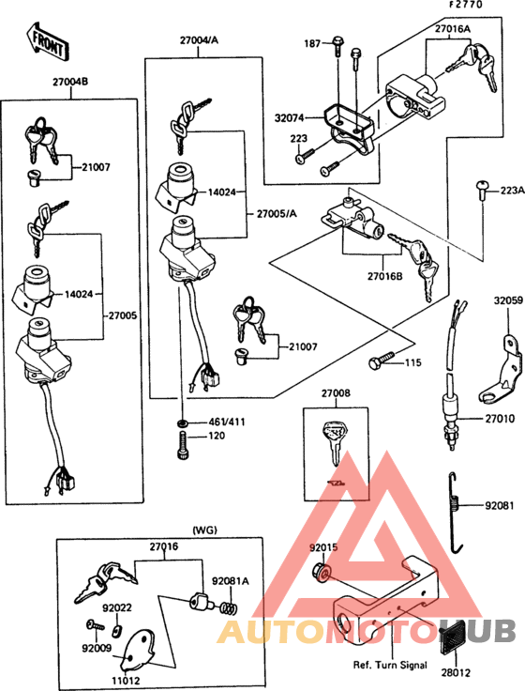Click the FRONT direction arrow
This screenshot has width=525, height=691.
click(47, 38)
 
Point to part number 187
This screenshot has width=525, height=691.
click(312, 43)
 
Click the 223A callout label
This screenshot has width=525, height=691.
click(511, 190)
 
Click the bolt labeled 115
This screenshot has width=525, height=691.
click(382, 361)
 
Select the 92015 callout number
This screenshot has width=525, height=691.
click(324, 546)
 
